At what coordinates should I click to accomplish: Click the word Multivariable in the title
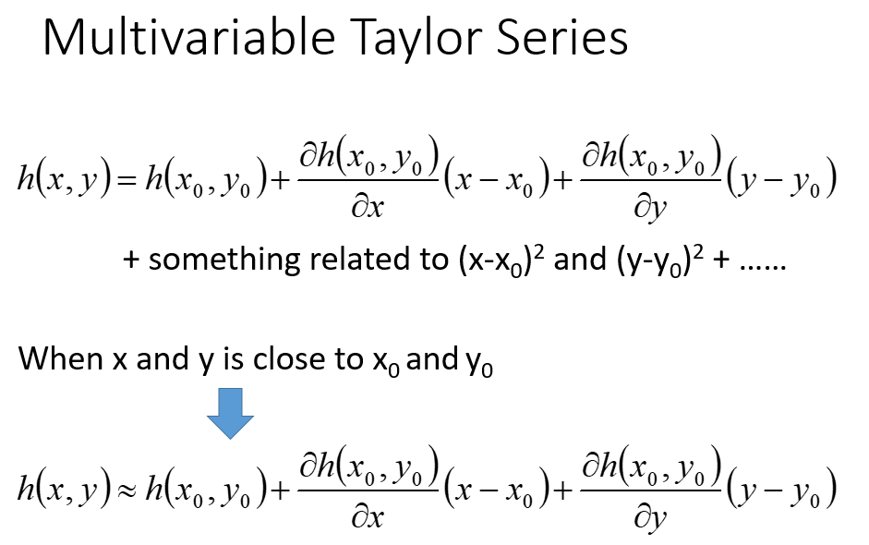click(x=189, y=37)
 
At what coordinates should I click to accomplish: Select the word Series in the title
click(x=562, y=37)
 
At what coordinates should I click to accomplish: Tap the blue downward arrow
click(x=230, y=414)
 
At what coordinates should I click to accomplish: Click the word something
click(x=223, y=260)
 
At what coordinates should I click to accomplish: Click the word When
click(x=61, y=358)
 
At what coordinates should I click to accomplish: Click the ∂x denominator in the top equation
click(x=367, y=207)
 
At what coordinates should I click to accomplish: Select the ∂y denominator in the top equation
click(x=649, y=209)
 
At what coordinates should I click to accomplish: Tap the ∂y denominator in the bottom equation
click(x=649, y=519)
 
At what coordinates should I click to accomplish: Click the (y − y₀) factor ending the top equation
click(x=781, y=177)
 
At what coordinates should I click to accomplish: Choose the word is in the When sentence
click(x=233, y=358)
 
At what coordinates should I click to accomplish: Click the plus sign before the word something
click(x=131, y=260)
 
